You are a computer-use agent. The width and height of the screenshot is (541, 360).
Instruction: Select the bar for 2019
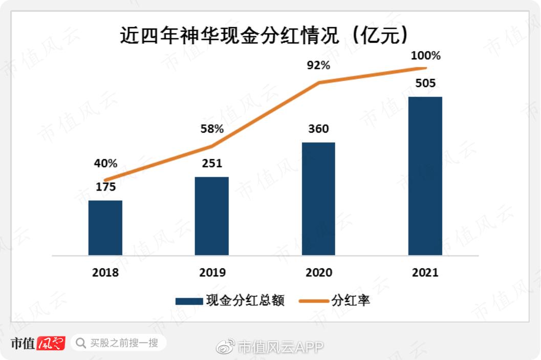click(x=211, y=216)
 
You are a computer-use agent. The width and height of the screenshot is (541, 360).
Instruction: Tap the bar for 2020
click(x=318, y=199)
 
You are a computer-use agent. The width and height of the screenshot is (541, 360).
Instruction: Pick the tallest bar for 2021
click(x=425, y=176)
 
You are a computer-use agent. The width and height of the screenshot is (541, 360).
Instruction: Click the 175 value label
click(x=105, y=187)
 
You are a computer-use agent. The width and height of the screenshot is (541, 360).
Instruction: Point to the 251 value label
click(x=212, y=163)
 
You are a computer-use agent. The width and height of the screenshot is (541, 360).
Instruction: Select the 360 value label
click(x=318, y=129)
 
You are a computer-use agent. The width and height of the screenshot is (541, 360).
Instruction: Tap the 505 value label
click(x=425, y=83)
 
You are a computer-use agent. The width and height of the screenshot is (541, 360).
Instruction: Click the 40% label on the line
click(x=105, y=164)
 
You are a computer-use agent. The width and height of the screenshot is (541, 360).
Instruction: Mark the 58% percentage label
click(x=212, y=129)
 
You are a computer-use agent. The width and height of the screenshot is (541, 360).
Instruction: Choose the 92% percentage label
click(x=318, y=65)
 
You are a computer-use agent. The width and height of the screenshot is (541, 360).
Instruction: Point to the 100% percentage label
click(x=425, y=55)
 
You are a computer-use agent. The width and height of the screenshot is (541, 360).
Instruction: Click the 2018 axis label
click(x=105, y=272)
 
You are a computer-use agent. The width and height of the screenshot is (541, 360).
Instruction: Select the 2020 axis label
click(x=318, y=272)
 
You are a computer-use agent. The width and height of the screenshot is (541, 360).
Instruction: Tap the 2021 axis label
click(x=425, y=272)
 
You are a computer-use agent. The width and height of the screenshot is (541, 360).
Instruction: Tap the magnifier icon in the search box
click(x=80, y=343)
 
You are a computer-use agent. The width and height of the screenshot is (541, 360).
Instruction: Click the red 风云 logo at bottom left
click(x=51, y=343)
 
